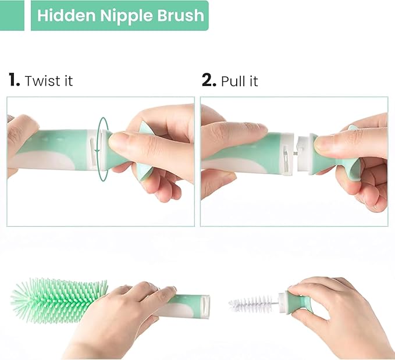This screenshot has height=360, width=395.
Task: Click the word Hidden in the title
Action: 61,16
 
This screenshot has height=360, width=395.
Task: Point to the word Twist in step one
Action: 41,81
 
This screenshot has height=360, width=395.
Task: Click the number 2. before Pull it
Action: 209,80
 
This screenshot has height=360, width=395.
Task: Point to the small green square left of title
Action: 12,16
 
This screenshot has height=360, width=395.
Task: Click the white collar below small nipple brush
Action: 282,302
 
